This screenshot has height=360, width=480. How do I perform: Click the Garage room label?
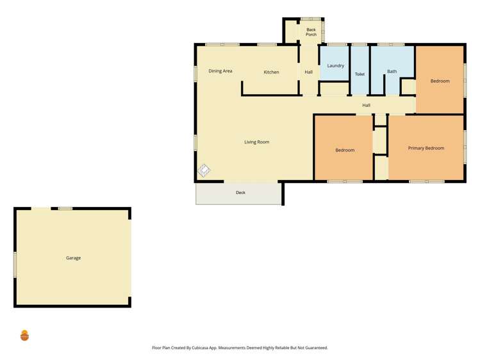[x=73, y=258]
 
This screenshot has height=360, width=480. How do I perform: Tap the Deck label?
[x=240, y=193]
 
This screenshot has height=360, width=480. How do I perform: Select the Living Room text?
[x=256, y=142]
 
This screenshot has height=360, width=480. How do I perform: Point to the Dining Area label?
[x=220, y=71]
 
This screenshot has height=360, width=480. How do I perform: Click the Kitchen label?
[x=271, y=72]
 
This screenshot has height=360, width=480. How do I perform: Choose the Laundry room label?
[x=335, y=66]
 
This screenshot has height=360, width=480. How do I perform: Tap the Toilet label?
[x=360, y=74]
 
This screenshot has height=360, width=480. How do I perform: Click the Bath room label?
[x=392, y=72]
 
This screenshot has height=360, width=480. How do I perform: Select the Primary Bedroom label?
[x=426, y=149]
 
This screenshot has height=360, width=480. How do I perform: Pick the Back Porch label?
[x=311, y=32]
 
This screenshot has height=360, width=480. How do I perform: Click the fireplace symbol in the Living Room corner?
[x=204, y=170]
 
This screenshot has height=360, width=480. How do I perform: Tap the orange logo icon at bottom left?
[x=24, y=335]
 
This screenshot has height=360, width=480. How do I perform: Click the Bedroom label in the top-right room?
[x=440, y=81]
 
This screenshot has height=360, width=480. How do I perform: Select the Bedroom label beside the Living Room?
[x=345, y=151]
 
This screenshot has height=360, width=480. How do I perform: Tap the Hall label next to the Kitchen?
[x=308, y=72]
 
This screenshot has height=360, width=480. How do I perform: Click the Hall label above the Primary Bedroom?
[x=366, y=106]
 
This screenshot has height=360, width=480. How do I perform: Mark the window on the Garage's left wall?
[x=14, y=264]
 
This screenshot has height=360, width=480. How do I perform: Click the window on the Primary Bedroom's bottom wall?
[x=426, y=181]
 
